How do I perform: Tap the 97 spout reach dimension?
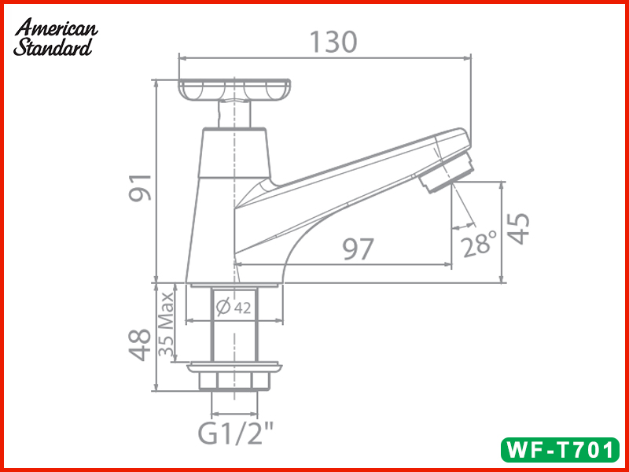point(357,249)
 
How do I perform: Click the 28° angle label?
point(480,245)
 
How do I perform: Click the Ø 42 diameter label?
point(234,308)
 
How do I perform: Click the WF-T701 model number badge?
point(559,449)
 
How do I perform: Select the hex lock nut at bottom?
point(234,382)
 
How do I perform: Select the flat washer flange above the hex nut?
point(234,366)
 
